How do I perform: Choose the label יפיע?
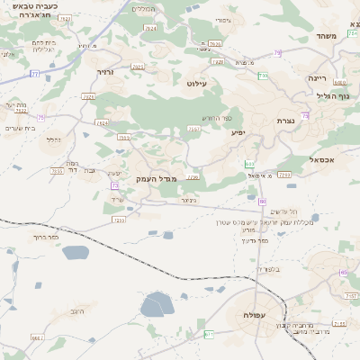[x=238, y=133]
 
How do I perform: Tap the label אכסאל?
[x=321, y=159]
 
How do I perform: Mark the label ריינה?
[x=321, y=79]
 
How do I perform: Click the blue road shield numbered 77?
[x=34, y=75]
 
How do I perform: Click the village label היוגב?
[x=77, y=311]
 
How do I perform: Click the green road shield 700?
[x=249, y=163]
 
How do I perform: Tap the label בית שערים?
[x=20, y=129]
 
